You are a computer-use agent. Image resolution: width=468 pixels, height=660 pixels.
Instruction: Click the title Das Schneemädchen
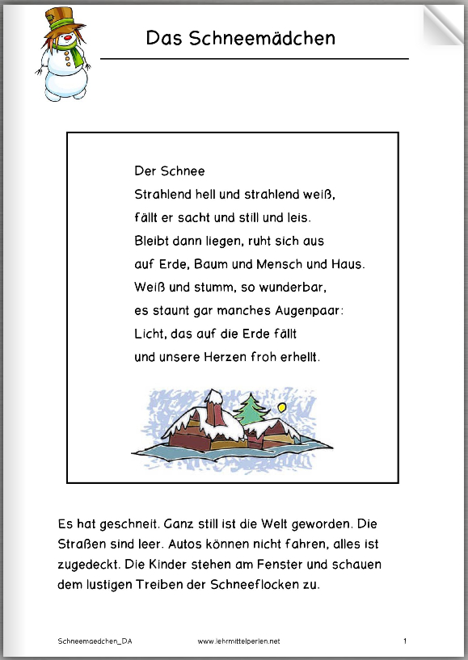240,38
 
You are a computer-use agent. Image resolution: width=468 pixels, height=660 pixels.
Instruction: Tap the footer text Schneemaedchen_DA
95,641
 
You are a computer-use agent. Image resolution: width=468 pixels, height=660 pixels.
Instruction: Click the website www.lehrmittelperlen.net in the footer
238,641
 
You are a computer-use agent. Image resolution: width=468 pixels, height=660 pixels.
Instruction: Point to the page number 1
404,641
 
